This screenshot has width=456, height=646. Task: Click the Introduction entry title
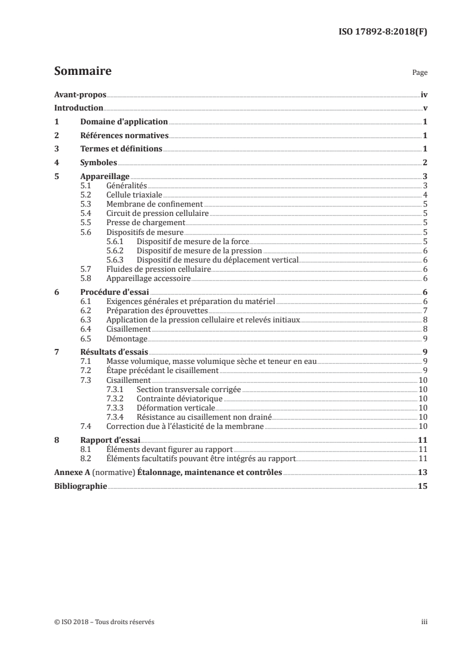point(78,108)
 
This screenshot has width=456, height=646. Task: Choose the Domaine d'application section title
point(124,122)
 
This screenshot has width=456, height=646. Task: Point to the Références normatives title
point(124,136)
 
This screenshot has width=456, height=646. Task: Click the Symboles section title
point(99,163)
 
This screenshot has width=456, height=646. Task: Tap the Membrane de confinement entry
point(154,204)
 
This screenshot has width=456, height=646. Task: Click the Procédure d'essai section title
point(114,292)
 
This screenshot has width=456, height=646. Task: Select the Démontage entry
point(127,339)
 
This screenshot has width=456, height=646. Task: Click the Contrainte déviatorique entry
point(179,398)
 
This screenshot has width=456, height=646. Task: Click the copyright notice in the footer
point(104,622)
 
